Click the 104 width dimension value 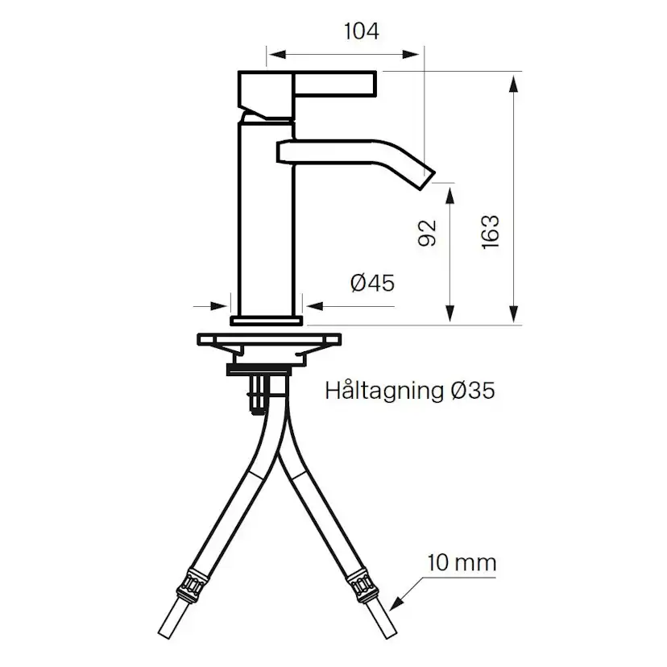(361, 31)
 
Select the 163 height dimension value (491, 232)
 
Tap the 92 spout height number (428, 233)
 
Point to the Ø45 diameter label (372, 283)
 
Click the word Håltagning (383, 391)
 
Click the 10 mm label (462, 562)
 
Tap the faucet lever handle (306, 85)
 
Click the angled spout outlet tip (425, 175)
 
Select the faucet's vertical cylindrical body (267, 217)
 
